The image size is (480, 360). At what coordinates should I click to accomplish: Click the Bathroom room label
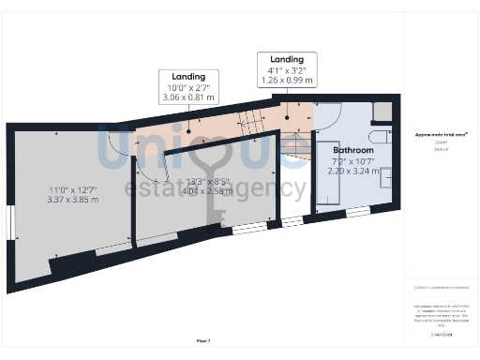(354, 150)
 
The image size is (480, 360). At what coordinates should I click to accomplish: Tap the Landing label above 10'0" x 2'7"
(189, 76)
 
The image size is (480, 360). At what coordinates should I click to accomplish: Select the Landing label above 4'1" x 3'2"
(287, 59)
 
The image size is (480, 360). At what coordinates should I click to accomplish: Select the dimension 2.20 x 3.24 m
(353, 172)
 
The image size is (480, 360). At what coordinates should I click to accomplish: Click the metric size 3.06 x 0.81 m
(189, 97)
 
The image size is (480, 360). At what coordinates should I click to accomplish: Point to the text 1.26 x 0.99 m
(287, 81)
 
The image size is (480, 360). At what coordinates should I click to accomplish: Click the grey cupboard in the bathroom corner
(382, 110)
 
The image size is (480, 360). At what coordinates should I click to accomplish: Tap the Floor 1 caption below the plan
(202, 341)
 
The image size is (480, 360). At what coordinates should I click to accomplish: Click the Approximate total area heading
(442, 134)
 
